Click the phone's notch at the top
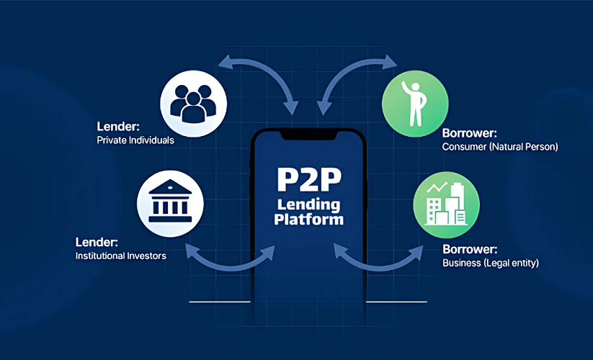308,135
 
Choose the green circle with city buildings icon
441,203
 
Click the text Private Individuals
135,140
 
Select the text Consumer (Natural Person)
500,147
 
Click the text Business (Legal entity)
490,263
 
